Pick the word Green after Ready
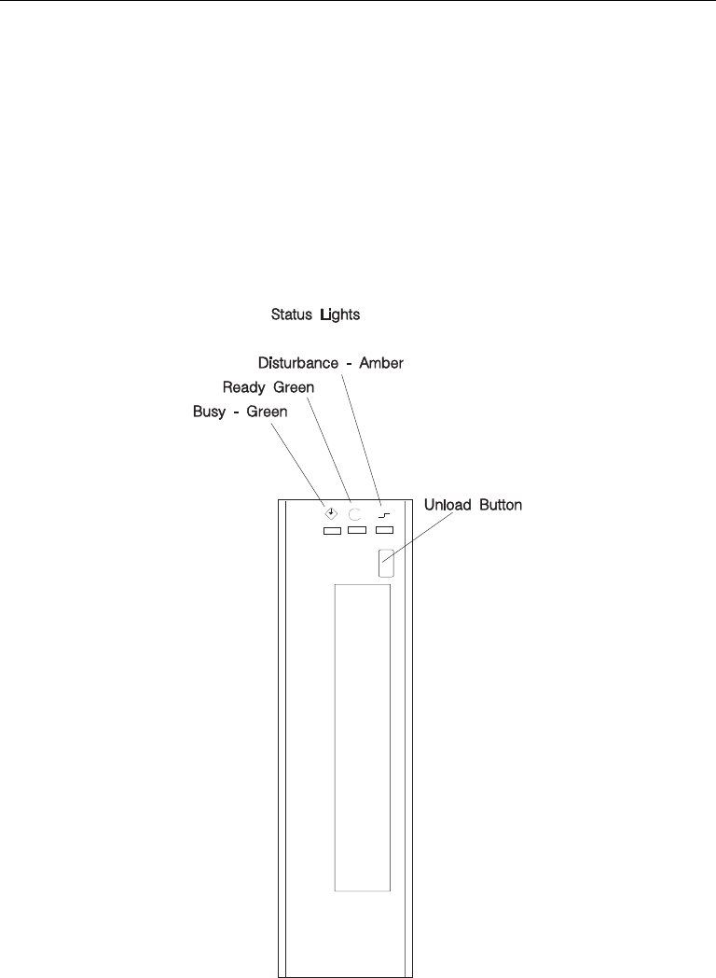pyautogui.click(x=290, y=385)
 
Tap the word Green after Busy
pyautogui.click(x=262, y=410)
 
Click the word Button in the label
pyautogui.click(x=503, y=505)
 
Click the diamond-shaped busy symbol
pyautogui.click(x=330, y=511)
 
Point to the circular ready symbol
pyautogui.click(x=355, y=512)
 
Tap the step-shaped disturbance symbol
pyautogui.click(x=383, y=513)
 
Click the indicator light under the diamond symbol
pyautogui.click(x=331, y=531)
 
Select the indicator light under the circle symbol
pyautogui.click(x=356, y=531)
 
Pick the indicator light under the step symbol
pyautogui.click(x=384, y=531)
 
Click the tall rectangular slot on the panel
pyautogui.click(x=362, y=737)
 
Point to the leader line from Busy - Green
pyautogui.click(x=298, y=463)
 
